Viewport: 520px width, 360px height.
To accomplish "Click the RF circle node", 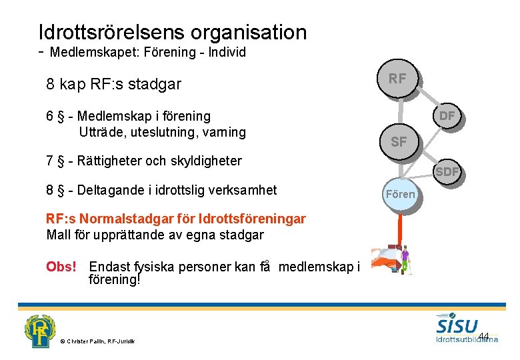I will coord(397,79).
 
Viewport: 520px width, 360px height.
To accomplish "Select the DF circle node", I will coord(447,116).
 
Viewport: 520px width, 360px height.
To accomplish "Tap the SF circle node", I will coord(399,141).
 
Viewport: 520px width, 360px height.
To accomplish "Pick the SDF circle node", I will coord(447,172).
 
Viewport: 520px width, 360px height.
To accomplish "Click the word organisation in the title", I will coord(249,32).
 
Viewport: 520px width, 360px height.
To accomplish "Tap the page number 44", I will coord(484,335).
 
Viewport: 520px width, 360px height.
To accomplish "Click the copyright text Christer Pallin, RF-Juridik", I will coord(97,342).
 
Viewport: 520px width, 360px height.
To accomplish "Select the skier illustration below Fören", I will coord(392,260).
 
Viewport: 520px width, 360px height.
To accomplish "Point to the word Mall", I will coord(59,234).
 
